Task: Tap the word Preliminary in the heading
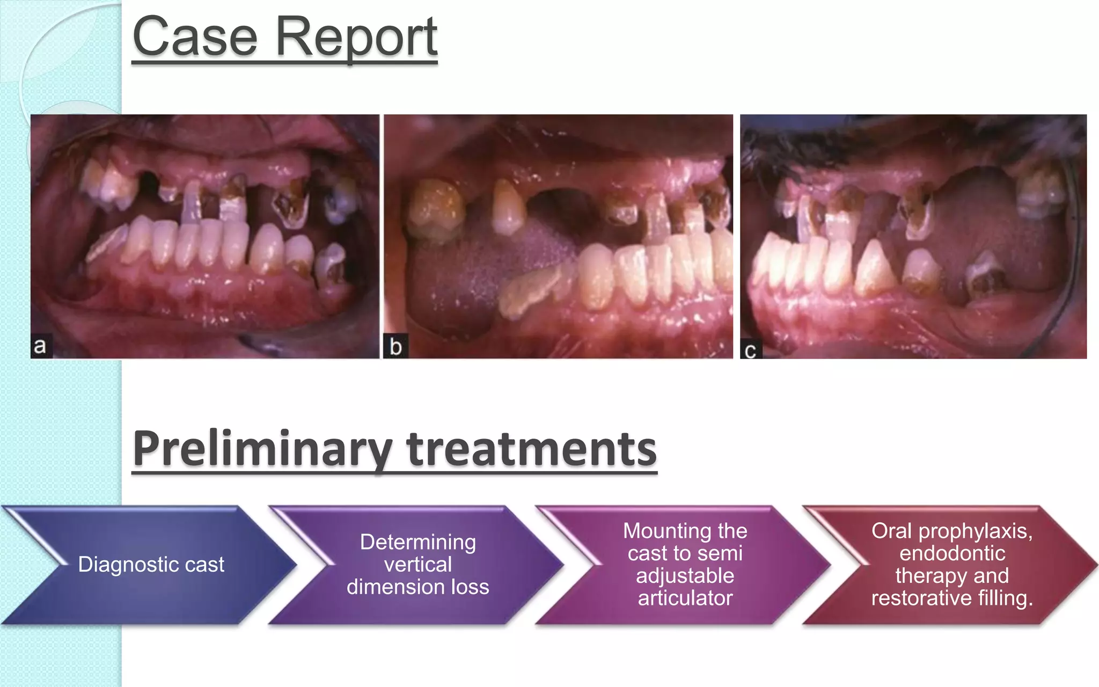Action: [x=262, y=449]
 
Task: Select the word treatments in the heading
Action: [x=531, y=449]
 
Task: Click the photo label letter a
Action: [x=40, y=346]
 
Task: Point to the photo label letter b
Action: [x=395, y=347]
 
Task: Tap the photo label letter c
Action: [x=750, y=350]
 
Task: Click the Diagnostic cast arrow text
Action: [x=151, y=565]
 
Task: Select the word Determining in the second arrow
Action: [x=417, y=542]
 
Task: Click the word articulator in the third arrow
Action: [x=685, y=598]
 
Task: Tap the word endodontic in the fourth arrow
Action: [x=952, y=553]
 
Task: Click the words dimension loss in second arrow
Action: [x=417, y=587]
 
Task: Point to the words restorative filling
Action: [x=952, y=598]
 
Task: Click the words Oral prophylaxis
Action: [x=952, y=531]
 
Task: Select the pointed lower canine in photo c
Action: [x=874, y=268]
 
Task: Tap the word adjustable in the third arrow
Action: [x=685, y=576]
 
